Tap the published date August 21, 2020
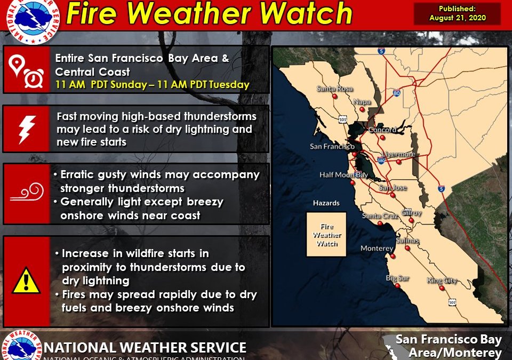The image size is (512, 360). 458,13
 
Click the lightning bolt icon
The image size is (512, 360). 26,129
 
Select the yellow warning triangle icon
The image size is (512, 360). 26,280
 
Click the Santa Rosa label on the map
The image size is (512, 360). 332,89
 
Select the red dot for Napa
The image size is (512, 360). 362,109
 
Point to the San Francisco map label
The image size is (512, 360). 332,147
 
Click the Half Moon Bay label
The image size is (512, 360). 343,175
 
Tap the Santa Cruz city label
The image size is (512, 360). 378,216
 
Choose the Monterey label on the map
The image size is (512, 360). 377,249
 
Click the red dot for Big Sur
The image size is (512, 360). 398,286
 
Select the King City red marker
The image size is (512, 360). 442,288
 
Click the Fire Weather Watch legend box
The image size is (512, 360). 326,235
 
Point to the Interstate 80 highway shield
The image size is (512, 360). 396,93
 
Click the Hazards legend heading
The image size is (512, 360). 326,203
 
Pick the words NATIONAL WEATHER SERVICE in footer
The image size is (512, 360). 145,347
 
